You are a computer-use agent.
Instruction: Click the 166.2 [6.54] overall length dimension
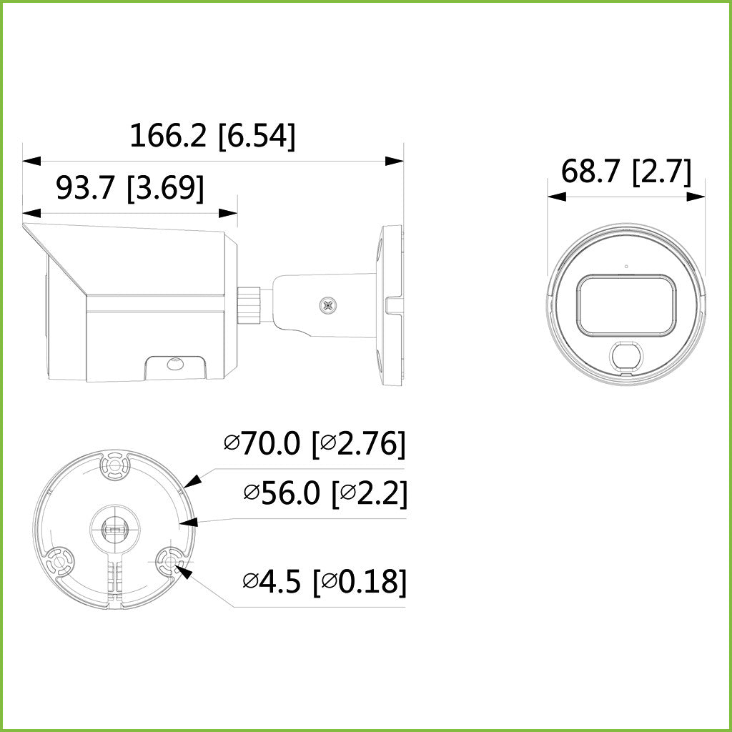(x=212, y=136)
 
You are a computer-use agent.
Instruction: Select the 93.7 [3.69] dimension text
(x=130, y=188)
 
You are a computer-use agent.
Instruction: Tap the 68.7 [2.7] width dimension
(x=626, y=172)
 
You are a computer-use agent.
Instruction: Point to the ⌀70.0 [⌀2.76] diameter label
(x=315, y=443)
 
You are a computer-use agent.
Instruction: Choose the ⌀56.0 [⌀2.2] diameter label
(x=325, y=493)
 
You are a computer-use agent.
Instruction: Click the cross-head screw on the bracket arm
(x=328, y=305)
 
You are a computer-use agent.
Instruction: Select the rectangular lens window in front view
(x=626, y=305)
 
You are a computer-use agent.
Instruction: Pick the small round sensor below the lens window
(x=625, y=357)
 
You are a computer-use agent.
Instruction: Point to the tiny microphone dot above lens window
(x=626, y=267)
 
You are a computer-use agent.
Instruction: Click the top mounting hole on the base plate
(x=114, y=467)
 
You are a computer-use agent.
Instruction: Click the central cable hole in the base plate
(x=114, y=529)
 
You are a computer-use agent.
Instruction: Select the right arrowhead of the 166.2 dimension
(x=395, y=162)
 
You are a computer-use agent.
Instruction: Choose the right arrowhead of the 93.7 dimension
(x=228, y=213)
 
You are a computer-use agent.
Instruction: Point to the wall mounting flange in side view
(x=391, y=302)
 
